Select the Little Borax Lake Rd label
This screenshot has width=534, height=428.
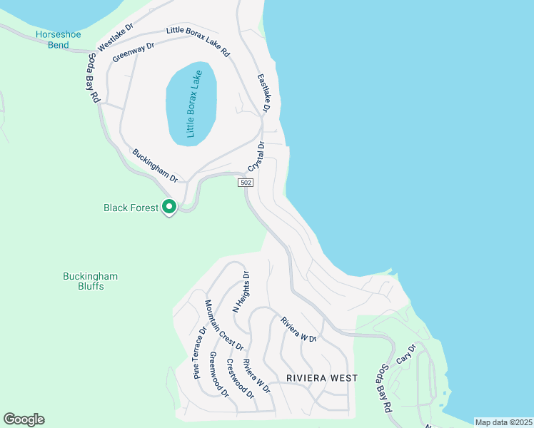point(198,41)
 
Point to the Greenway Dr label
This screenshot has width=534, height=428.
point(133,52)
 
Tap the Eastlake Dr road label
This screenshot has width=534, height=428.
point(262,93)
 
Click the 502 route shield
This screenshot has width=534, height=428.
point(245,183)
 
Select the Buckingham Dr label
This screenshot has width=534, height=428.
point(155,165)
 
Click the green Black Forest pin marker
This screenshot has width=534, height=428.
point(169,207)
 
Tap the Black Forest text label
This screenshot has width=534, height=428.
point(131,208)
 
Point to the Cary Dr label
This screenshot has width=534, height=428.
point(405,354)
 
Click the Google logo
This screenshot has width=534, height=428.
point(24,419)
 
